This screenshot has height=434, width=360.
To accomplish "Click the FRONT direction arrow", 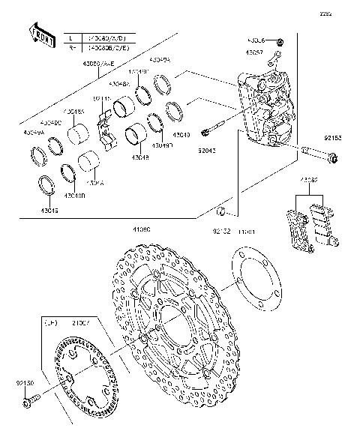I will pos(41,35).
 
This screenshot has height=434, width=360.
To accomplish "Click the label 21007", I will pos(81,323).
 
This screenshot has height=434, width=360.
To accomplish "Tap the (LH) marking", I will pos(50,323).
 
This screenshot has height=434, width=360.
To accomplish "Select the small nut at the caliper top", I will pos(280,40).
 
